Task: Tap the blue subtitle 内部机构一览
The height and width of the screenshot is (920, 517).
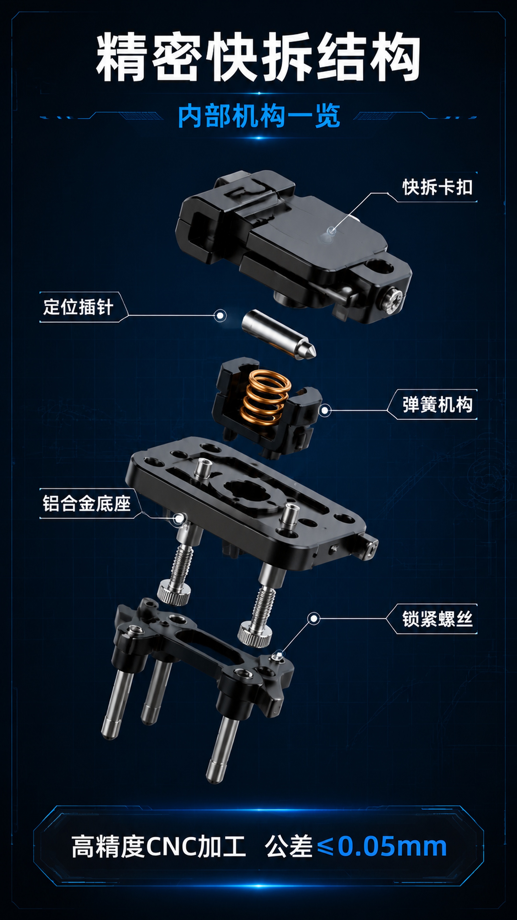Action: pyautogui.click(x=259, y=116)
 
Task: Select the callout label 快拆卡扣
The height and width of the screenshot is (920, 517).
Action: pyautogui.click(x=438, y=187)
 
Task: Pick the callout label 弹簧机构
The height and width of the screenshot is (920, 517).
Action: pyautogui.click(x=438, y=405)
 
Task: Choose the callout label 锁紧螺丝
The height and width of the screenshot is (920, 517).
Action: pyautogui.click(x=438, y=619)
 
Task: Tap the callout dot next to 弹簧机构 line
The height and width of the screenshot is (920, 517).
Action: pyautogui.click(x=324, y=410)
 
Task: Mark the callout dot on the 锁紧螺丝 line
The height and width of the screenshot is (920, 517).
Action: pyautogui.click(x=314, y=619)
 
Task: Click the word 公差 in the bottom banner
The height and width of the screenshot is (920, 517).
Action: pyautogui.click(x=288, y=846)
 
